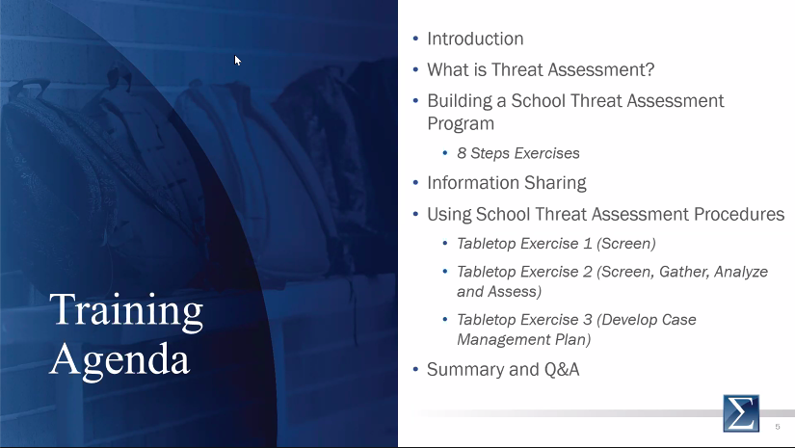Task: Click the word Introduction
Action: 475,40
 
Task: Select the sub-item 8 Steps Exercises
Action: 517,153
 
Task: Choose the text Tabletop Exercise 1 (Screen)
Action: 556,244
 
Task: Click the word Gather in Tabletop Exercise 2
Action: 682,272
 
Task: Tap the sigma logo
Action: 741,413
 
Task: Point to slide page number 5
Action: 778,425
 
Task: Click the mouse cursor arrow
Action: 238,61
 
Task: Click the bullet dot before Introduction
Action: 415,40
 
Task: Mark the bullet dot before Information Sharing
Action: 415,183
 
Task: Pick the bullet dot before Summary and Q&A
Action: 415,370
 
